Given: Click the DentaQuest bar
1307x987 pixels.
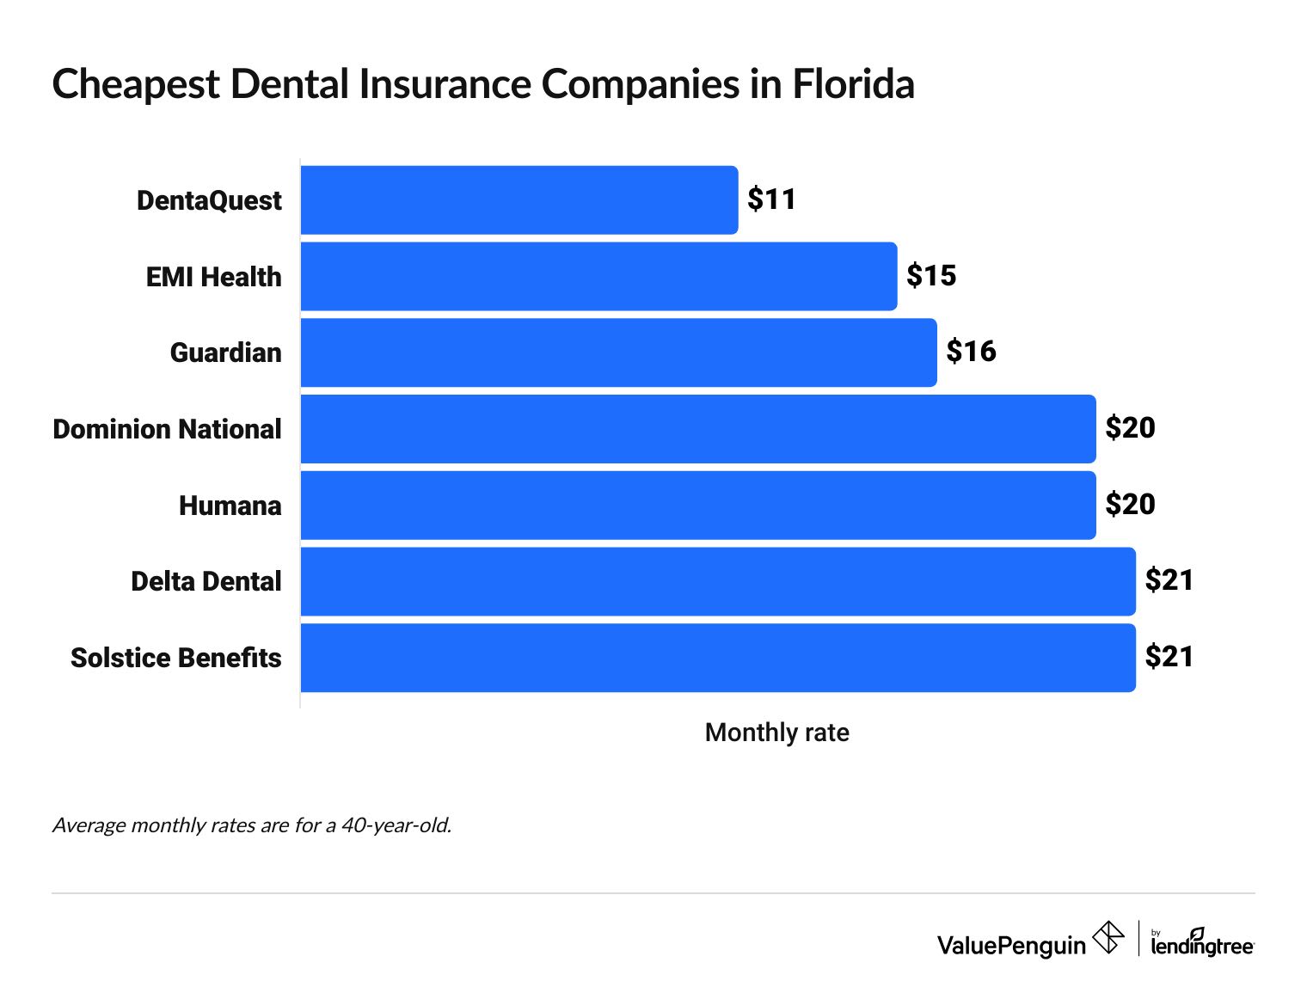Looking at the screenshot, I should [519, 200].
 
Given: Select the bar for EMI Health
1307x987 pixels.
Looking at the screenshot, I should [598, 276].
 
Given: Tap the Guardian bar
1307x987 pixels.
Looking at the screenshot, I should [618, 352].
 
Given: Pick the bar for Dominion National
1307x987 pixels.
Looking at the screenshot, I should [698, 429].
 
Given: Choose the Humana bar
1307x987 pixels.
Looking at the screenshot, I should [698, 506].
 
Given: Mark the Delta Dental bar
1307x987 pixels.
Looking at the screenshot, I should [718, 581].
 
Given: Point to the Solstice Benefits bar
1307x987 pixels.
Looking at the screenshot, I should [718, 658].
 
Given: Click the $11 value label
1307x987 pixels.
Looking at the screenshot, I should [771, 199].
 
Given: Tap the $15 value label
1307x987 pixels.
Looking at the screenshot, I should [931, 276].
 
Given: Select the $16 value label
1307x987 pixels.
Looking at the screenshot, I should [971, 352].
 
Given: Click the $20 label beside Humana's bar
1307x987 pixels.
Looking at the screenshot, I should [1130, 505].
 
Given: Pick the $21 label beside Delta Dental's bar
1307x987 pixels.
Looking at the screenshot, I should [1169, 580].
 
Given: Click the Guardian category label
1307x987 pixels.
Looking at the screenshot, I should [225, 352].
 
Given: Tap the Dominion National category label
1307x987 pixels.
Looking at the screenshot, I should [167, 429].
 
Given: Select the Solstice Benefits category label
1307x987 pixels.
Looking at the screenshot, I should [175, 658].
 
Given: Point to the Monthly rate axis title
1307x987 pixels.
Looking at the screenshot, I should [776, 733].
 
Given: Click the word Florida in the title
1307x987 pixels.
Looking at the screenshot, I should [853, 85].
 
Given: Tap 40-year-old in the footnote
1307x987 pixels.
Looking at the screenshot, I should [396, 825].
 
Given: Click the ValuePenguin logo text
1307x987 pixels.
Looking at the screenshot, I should [1011, 946].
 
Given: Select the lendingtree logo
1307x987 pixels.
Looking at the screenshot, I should [1202, 942].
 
